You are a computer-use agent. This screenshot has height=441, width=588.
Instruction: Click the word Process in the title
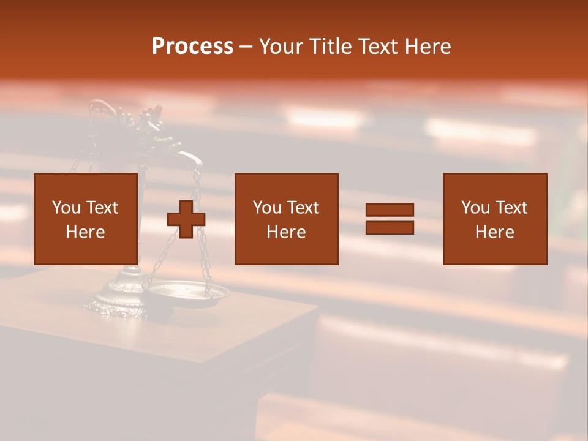tap(192, 47)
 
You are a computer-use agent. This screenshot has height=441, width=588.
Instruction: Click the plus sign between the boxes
tap(186, 219)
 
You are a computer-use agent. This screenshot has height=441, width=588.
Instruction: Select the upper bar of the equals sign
tap(390, 210)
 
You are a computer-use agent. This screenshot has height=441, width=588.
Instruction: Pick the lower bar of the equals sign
tap(390, 227)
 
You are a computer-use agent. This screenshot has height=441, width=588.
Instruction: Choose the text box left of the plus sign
tap(86, 219)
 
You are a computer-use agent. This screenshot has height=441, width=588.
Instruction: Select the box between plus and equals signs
tap(287, 219)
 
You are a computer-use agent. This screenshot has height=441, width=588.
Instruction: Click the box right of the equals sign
tap(495, 219)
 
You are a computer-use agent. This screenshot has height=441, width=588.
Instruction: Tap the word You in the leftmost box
tap(66, 208)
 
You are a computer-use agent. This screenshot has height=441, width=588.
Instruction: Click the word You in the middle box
tap(266, 208)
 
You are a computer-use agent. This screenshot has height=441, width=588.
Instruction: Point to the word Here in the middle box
tap(287, 232)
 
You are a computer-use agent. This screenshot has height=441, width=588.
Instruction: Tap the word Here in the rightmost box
tap(495, 232)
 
